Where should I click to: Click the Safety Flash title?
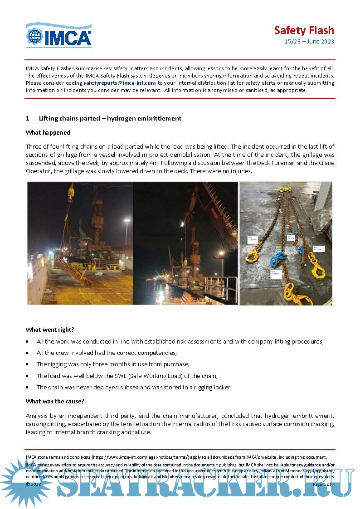point(304,30)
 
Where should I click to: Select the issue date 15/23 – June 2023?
point(309,42)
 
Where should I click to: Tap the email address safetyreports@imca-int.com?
point(120,83)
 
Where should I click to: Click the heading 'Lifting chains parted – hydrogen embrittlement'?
point(110,118)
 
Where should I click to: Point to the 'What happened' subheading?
point(48,132)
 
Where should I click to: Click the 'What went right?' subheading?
point(50,330)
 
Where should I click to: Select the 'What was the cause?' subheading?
point(55,401)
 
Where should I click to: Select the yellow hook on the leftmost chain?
point(252,255)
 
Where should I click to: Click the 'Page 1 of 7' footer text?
point(323,484)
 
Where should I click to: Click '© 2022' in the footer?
point(34,484)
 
